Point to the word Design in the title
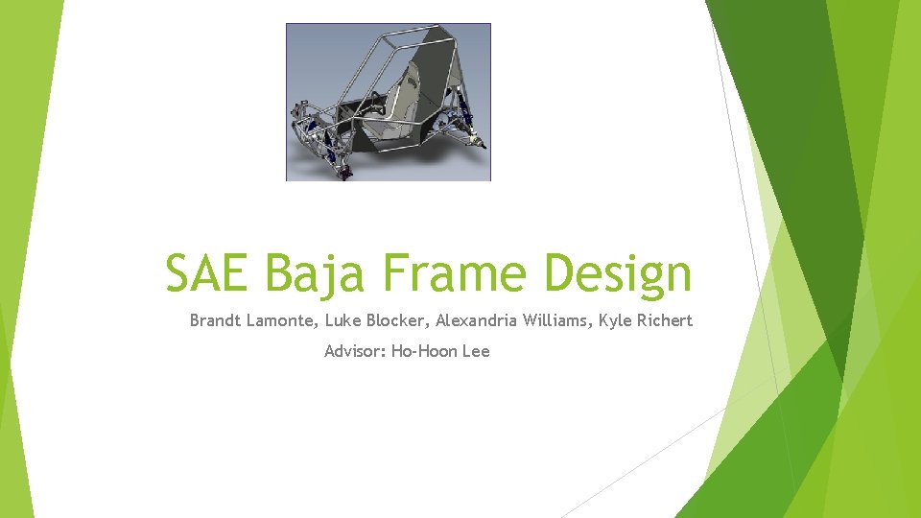click(x=617, y=274)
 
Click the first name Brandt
click(x=215, y=320)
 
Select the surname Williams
click(x=556, y=320)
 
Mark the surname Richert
click(x=664, y=320)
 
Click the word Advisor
click(x=355, y=351)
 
